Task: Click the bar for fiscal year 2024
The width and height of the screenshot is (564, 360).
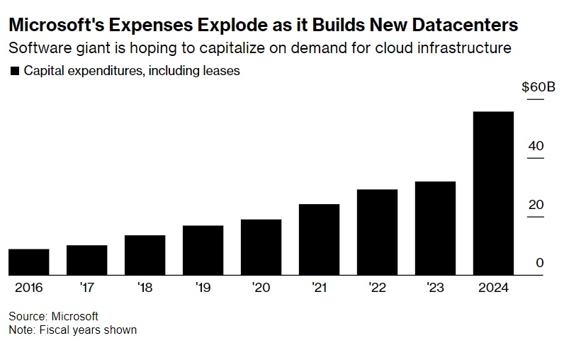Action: [493, 193]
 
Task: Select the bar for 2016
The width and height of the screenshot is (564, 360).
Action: [28, 261]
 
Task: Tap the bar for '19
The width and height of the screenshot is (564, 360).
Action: [203, 250]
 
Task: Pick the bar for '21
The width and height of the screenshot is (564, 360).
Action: [319, 240]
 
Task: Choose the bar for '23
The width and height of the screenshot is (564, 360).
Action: [435, 228]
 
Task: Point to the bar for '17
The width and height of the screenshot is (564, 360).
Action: [86, 260]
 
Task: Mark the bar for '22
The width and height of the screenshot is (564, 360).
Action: [377, 232]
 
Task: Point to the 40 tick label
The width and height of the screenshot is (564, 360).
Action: [536, 146]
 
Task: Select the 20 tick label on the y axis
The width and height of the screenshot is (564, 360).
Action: [536, 205]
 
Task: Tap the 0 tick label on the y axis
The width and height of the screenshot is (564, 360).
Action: [539, 263]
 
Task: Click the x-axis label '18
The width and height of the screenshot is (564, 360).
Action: [145, 288]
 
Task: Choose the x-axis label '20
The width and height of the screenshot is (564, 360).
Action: [261, 288]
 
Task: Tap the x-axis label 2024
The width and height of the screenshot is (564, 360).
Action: [493, 288]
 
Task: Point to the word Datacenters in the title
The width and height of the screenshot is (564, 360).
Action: [462, 26]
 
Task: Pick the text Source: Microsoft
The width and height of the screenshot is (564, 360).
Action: [53, 316]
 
